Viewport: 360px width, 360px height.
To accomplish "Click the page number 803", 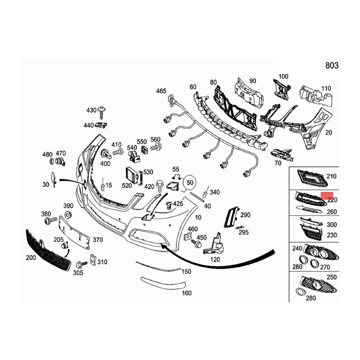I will [331, 66].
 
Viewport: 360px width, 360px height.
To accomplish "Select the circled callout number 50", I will [190, 183].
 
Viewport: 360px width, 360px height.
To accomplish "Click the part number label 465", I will [161, 91].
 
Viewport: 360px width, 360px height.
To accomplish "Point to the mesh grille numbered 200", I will [47, 250].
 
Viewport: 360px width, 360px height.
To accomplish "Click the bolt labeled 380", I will [49, 221].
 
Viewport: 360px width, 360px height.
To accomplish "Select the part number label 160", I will [186, 293].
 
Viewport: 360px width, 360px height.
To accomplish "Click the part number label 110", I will [326, 88].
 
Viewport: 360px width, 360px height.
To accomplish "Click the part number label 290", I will [245, 215].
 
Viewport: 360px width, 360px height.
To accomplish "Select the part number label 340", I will [215, 192].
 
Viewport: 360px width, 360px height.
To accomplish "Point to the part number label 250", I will [331, 277].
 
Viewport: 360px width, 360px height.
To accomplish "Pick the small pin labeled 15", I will [103, 186].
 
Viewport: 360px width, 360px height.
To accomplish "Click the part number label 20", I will [328, 132].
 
